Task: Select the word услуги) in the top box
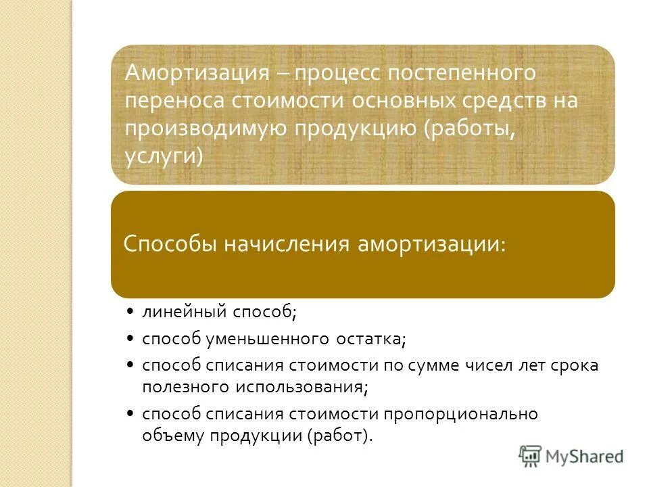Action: click(164, 156)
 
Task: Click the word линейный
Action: click(185, 312)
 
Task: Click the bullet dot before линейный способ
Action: click(129, 312)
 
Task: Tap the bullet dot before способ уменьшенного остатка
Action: click(129, 338)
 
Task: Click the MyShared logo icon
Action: click(531, 456)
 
